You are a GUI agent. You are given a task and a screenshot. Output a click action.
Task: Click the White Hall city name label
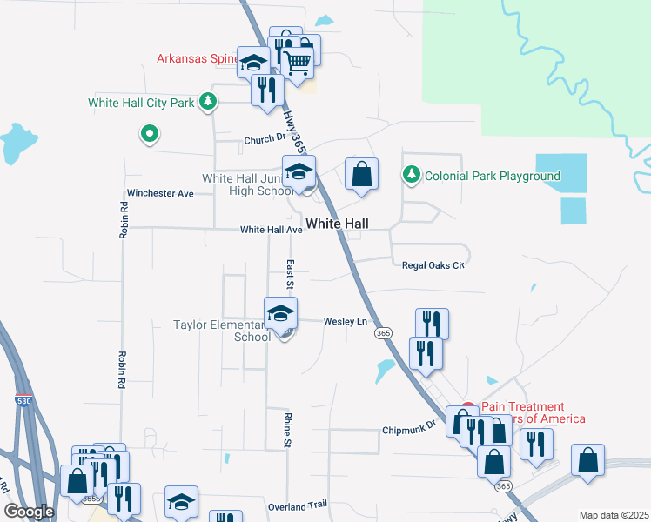337,224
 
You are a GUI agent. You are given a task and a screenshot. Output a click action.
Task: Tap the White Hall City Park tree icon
207,102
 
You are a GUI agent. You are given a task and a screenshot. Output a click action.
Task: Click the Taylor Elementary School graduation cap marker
281,313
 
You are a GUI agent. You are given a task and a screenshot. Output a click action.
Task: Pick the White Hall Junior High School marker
298,171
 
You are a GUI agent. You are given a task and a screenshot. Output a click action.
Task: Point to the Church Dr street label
265,139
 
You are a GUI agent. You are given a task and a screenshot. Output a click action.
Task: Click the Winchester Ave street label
160,193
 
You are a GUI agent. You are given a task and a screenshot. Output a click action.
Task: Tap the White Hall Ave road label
271,230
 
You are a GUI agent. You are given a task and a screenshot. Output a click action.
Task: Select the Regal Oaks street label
433,264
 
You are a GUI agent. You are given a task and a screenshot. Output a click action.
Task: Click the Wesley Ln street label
346,321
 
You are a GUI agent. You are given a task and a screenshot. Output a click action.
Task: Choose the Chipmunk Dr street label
407,431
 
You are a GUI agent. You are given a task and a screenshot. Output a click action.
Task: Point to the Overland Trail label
298,505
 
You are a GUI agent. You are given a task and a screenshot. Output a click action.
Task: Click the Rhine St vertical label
286,431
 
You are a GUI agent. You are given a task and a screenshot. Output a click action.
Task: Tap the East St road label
290,274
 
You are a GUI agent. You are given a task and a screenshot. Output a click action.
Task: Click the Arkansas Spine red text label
197,59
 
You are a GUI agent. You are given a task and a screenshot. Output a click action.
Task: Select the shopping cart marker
298,63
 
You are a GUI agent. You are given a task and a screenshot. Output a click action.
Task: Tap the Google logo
29,512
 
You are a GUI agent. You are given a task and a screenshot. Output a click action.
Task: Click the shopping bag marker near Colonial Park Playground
361,174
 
